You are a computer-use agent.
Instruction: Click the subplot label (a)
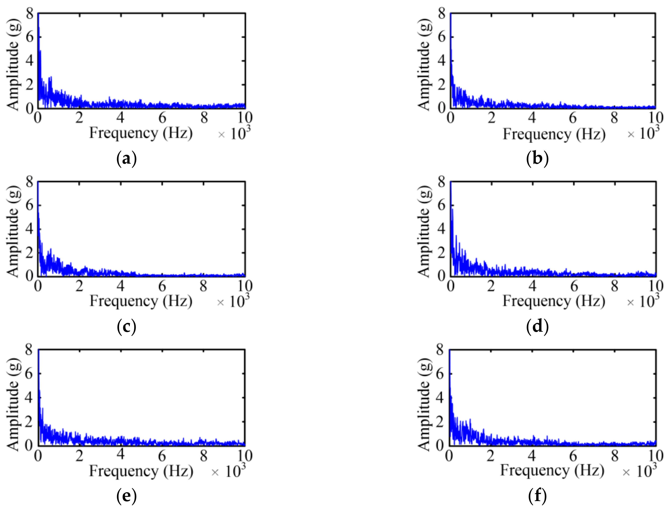tap(126, 158)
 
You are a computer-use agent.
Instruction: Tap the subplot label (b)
tap(537, 158)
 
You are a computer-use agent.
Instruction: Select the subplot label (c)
tap(126, 327)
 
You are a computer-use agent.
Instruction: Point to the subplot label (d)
tap(537, 327)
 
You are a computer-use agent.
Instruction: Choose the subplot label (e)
tap(126, 496)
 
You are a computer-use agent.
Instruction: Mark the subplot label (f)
tap(537, 496)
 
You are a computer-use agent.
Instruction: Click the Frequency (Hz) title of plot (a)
tap(141, 133)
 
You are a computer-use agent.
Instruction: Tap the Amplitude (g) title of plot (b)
tap(424, 64)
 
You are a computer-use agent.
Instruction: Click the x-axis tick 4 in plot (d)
tap(532, 286)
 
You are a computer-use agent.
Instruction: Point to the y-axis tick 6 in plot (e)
tap(29, 373)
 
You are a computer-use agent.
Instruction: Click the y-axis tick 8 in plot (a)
tap(30, 14)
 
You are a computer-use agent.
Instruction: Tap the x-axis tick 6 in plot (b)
tap(573, 118)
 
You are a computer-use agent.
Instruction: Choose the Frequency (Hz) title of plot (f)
tap(552, 470)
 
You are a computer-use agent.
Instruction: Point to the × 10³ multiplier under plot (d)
tap(643, 301)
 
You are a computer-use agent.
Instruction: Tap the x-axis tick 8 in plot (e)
tap(203, 456)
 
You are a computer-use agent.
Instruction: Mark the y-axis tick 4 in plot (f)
tap(440, 398)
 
